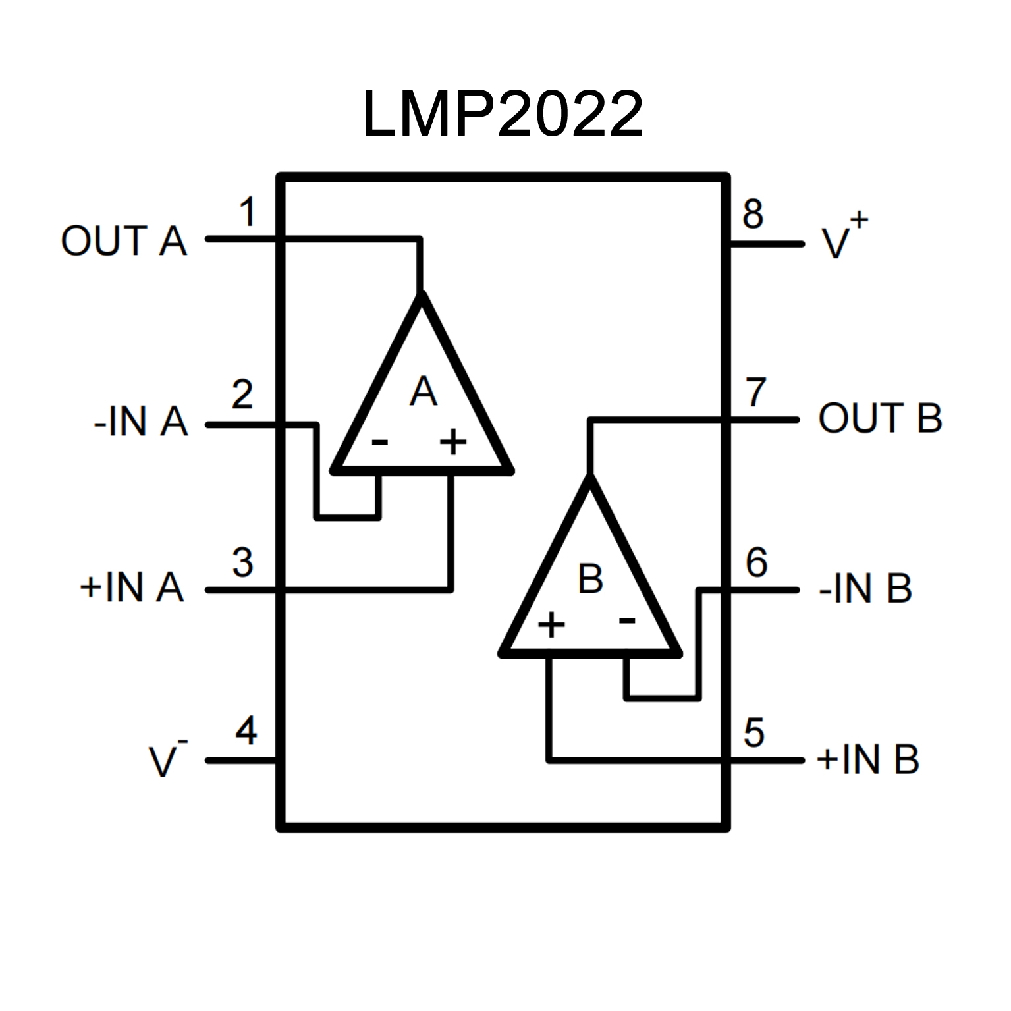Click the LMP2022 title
(503, 114)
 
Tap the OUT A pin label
(124, 240)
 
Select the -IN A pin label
(141, 422)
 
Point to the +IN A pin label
(132, 587)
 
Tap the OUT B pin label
(880, 418)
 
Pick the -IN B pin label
(865, 588)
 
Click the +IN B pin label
(867, 759)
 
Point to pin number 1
(248, 212)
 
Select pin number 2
(242, 395)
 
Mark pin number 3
(242, 562)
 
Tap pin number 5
(754, 732)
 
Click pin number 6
(757, 562)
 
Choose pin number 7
(755, 393)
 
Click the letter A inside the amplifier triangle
(423, 392)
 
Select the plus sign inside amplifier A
(453, 441)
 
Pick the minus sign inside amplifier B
(627, 620)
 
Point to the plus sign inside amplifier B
(551, 624)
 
